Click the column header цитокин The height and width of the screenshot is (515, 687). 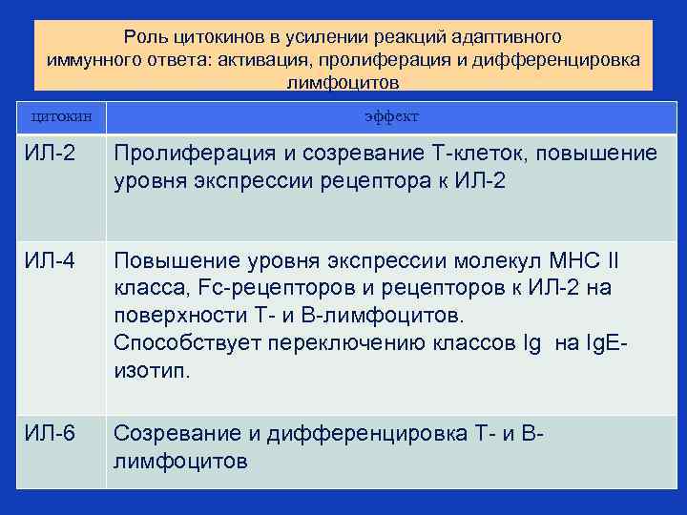[x=62, y=116]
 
